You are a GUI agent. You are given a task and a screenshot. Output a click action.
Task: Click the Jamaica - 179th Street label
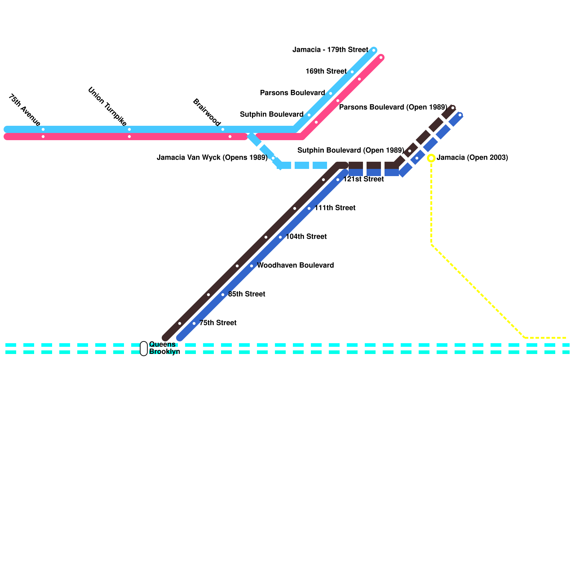tap(330, 50)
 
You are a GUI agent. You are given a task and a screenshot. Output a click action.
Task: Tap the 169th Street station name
tap(326, 71)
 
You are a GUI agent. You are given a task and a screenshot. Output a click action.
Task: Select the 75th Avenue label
tap(24, 110)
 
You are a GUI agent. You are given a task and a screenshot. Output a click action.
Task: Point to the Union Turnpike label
tap(107, 106)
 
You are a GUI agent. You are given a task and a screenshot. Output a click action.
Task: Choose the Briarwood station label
tap(207, 112)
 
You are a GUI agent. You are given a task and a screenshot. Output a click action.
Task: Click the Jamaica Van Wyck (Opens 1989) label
tap(212, 157)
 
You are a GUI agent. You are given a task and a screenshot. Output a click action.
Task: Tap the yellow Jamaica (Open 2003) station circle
tap(431, 158)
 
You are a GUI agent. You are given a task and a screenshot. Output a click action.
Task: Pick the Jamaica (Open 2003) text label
tap(472, 157)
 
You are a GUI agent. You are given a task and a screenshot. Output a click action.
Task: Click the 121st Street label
tap(363, 179)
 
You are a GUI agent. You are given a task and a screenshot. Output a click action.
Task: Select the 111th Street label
tap(335, 208)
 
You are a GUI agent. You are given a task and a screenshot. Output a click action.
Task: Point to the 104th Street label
tap(306, 236)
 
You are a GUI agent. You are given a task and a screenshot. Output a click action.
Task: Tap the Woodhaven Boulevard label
tap(295, 265)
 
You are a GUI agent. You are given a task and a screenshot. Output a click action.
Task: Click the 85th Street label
tap(247, 294)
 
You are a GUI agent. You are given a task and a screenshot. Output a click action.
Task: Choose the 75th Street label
tap(218, 323)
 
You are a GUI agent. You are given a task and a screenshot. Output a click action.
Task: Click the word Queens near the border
tap(162, 344)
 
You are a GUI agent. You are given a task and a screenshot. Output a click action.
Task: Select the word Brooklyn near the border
tap(165, 351)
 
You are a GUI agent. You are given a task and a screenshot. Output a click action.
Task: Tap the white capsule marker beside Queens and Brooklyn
tap(144, 348)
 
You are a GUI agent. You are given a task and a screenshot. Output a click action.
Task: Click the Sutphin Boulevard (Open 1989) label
tap(351, 150)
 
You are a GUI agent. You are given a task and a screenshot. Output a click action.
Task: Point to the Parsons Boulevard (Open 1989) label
tap(393, 107)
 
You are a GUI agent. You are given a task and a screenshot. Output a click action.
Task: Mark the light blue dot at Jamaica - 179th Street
tap(374, 50)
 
